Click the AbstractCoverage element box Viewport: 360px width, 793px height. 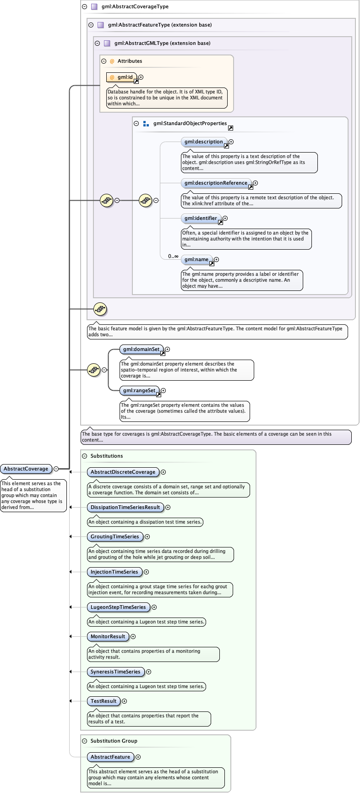point(26,469)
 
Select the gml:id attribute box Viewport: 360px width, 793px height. point(121,77)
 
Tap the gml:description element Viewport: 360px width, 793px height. point(204,142)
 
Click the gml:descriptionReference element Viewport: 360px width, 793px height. point(216,183)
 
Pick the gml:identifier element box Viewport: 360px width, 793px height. point(201,219)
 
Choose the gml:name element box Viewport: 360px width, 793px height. point(196,260)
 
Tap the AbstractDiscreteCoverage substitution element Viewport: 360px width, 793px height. point(123,472)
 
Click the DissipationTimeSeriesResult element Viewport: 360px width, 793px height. point(125,507)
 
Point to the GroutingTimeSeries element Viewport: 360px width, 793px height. point(115,536)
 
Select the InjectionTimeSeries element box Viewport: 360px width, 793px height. point(114,572)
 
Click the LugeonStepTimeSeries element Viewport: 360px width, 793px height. point(118,607)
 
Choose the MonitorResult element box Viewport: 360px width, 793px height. point(108,636)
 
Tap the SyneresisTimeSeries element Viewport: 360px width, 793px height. point(115,672)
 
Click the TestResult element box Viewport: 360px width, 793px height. point(104,701)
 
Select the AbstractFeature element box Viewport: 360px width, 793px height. point(110,757)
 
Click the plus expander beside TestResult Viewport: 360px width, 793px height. point(125,701)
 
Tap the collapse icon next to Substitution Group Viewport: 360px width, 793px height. point(84,741)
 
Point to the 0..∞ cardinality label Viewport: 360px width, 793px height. point(173,257)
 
